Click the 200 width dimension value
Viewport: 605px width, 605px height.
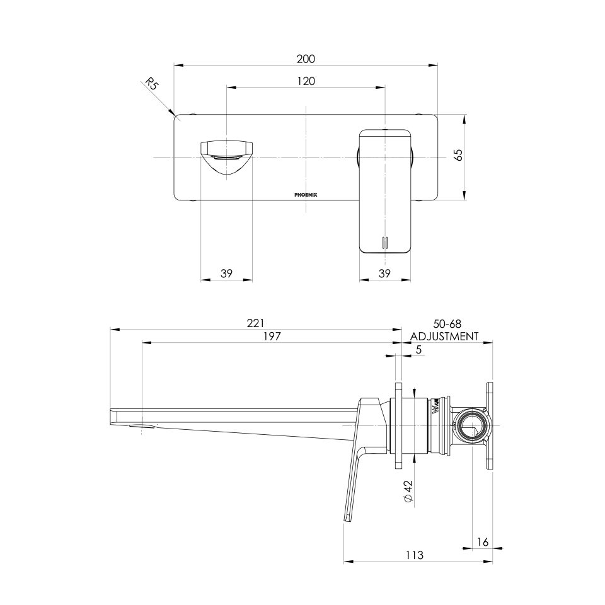pos(306,59)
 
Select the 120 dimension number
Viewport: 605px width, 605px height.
pos(306,81)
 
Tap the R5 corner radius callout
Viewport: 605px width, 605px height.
pos(152,84)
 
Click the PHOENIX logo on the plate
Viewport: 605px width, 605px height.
pos(306,195)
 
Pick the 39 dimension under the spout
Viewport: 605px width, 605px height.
pos(227,274)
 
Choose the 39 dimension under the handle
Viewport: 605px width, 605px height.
pos(385,274)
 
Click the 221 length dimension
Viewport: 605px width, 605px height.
pos(255,323)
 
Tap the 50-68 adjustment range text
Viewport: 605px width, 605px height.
pos(444,323)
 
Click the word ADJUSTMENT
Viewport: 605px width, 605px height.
pos(444,336)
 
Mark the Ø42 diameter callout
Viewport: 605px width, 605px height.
pos(408,490)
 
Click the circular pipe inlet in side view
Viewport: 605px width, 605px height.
pos(471,427)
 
